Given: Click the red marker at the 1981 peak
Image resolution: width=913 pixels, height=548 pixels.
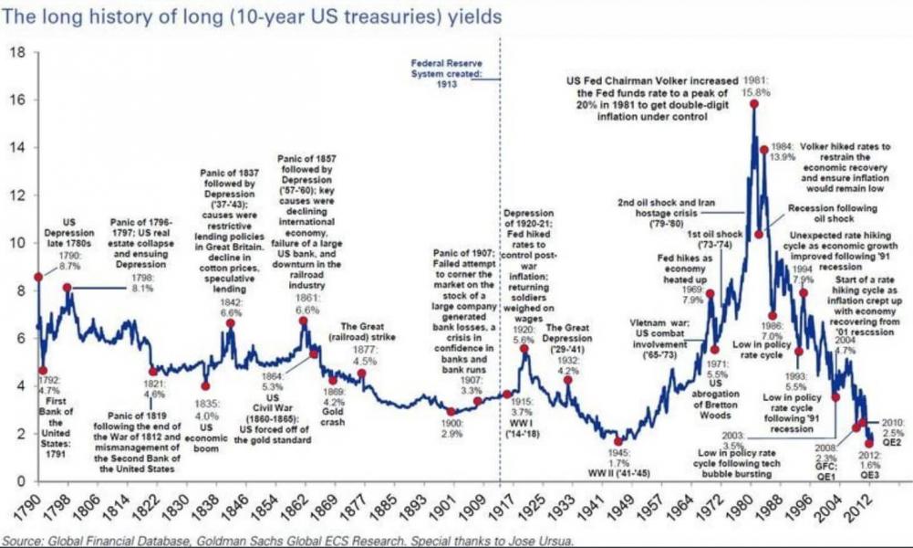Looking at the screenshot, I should click(754, 104).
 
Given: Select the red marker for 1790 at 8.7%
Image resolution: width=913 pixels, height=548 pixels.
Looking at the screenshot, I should click(37, 276).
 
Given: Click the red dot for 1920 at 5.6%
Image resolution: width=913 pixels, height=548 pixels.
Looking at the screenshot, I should click(524, 348).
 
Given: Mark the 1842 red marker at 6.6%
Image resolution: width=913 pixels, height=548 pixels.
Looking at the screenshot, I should click(231, 323).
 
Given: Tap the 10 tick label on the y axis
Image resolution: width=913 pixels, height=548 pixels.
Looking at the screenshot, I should click(18, 243).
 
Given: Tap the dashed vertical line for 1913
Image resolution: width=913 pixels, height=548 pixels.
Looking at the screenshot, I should click(500, 274).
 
